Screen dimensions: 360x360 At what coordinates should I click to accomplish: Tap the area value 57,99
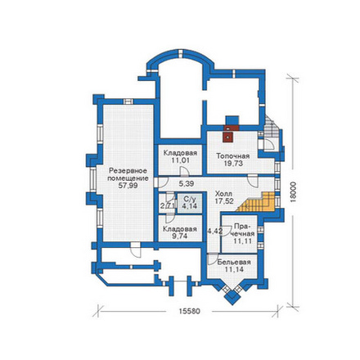click(128, 186)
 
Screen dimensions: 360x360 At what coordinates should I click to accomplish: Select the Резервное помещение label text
click(128, 174)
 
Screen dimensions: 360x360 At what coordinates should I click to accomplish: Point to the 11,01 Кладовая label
click(180, 156)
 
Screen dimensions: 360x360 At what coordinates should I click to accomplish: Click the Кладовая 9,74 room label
click(180, 232)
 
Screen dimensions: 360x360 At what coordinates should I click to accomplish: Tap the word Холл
click(223, 194)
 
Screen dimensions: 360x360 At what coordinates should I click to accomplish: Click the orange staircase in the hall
click(256, 202)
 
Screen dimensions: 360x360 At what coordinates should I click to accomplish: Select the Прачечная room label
click(244, 231)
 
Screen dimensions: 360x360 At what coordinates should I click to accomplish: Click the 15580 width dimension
click(189, 311)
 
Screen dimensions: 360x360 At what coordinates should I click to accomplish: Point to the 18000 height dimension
click(293, 192)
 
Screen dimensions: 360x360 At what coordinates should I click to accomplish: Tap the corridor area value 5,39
click(187, 184)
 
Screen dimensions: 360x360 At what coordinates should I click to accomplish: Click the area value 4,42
click(215, 232)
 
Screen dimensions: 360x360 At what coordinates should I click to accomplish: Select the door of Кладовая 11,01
click(184, 172)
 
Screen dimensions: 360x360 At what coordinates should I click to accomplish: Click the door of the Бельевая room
click(212, 259)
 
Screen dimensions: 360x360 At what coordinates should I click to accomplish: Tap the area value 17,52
click(223, 200)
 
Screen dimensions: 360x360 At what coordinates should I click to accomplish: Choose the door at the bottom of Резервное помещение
click(135, 250)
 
